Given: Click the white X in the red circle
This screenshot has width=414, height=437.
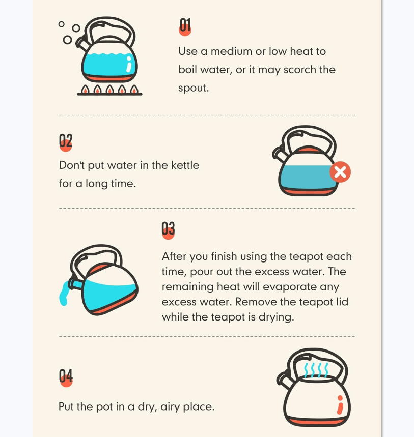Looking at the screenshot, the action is [x=340, y=172].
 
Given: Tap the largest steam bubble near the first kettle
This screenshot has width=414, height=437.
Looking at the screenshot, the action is [x=67, y=40].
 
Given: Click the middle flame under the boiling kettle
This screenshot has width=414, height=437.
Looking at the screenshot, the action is [x=109, y=89].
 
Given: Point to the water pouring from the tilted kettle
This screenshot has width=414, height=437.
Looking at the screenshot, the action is [x=64, y=294].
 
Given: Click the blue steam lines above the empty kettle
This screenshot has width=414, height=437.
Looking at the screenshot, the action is [x=316, y=370].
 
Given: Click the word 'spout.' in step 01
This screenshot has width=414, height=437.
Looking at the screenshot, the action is [x=194, y=88].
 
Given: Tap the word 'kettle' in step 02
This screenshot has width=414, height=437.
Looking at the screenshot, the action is [x=185, y=165].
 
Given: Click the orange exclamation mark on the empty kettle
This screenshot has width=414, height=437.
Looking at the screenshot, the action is [x=340, y=404].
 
